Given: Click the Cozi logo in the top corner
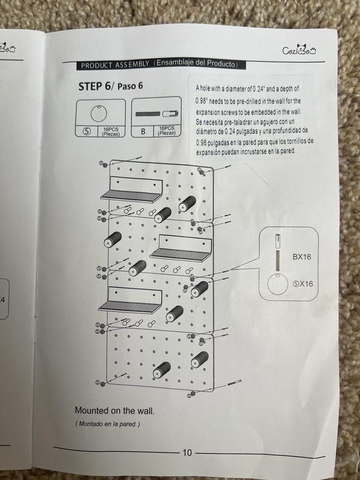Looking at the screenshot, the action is coord(299,50).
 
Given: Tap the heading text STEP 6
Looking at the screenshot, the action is coord(94,86).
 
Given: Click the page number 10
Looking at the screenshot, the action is coord(187,452).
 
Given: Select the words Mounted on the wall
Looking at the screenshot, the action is coord(115,410).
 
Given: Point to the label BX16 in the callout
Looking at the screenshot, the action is coord(302,257).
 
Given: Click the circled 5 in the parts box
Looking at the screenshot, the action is coord(87,131).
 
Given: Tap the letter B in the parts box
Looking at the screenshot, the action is coord(143,131).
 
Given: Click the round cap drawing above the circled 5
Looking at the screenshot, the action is coord(99,113).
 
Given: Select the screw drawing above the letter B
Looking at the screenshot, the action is coord(157,114).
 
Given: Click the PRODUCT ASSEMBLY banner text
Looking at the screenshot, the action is coord(115,65).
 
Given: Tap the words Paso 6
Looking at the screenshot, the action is coord(130,86).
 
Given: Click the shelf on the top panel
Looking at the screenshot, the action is coord(131,190).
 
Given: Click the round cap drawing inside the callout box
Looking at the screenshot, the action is coord(278,284).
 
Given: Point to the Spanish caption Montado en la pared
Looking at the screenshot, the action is coord(107,424).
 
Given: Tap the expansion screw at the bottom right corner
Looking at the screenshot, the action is coord(235,382).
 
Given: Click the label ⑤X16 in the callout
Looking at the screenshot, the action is coord(303,284).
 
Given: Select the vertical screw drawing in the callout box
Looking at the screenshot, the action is coord(278,253).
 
